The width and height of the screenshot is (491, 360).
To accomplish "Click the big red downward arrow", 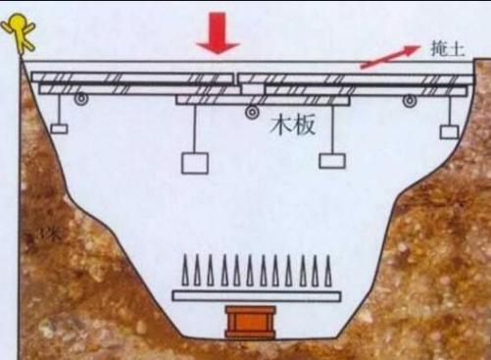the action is tap(218, 35).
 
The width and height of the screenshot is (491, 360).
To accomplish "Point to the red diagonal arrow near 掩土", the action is tap(384, 57).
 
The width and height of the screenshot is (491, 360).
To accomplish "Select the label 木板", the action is tap(293, 126).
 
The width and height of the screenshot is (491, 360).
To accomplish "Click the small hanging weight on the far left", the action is tap(59, 129).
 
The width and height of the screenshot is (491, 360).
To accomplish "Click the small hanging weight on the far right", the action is tap(449, 130).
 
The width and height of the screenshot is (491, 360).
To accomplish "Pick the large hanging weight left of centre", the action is tap(194, 163).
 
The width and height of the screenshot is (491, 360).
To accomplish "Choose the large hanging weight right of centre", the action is tap(332, 158).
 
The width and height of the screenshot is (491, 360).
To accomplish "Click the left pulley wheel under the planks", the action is tap(80, 98).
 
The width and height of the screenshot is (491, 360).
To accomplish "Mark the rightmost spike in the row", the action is tap(328, 270).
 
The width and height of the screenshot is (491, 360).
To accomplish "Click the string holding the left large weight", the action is tap(194, 128).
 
